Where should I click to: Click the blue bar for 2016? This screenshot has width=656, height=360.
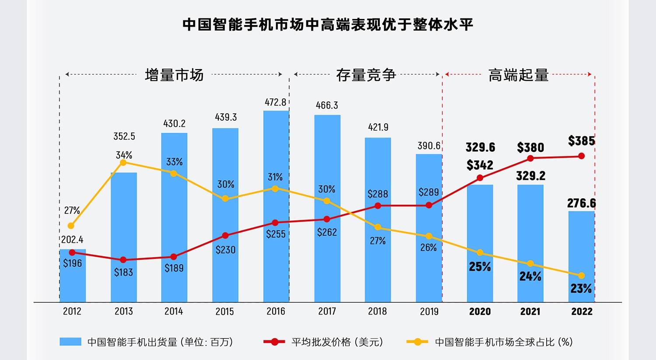(276, 206)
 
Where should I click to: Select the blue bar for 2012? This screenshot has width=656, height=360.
(73, 276)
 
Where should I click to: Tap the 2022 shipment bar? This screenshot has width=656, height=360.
(582, 257)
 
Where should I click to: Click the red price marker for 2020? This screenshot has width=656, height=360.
(480, 178)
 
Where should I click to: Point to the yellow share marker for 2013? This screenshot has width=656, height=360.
(123, 162)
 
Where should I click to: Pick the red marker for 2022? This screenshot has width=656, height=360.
(582, 156)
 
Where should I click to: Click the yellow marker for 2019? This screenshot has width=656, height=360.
(429, 236)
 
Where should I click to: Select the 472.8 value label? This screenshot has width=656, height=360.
(276, 102)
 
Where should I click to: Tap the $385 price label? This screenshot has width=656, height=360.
(582, 141)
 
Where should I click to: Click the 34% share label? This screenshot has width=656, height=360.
(124, 155)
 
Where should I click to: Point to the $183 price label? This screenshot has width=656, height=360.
(123, 273)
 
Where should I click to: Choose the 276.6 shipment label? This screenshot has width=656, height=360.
(582, 203)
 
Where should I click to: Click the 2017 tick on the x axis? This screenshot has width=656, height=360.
(327, 311)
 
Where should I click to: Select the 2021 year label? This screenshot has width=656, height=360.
(530, 311)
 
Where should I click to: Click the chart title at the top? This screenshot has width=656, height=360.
(328, 24)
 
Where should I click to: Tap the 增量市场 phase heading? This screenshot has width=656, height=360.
(174, 75)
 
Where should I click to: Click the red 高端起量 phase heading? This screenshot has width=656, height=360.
(518, 75)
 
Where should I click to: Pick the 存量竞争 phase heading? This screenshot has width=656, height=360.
(366, 75)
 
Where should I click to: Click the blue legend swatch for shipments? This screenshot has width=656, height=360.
(70, 342)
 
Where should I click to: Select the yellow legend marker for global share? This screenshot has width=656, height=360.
(417, 342)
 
